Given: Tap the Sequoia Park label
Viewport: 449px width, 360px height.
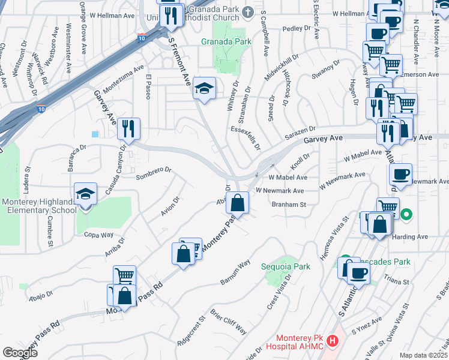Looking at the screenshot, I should click(x=286, y=266).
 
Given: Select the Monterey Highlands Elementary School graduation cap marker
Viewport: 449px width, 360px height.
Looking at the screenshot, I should click(x=85, y=194).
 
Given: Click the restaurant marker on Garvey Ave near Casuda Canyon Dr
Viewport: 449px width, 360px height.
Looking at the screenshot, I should click(x=129, y=128).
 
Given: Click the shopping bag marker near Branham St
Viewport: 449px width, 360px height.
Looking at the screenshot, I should click(x=238, y=203).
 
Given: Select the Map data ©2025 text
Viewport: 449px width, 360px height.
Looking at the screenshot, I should click(x=423, y=355).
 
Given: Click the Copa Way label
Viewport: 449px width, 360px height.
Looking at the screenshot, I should click(x=98, y=235).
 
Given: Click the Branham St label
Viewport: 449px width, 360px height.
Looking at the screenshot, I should click(x=289, y=205).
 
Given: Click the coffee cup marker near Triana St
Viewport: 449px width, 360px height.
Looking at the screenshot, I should click(x=359, y=273).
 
